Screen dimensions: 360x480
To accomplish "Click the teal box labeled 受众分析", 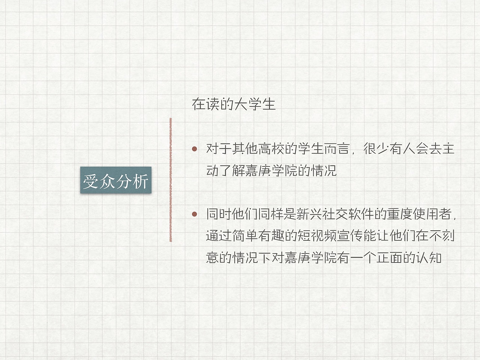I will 115,180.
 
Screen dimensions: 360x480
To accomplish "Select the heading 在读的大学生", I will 234,104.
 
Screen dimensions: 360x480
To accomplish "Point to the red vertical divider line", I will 171,180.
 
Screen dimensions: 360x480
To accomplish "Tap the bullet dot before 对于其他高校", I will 194,149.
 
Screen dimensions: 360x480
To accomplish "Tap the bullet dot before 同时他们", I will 194,214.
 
